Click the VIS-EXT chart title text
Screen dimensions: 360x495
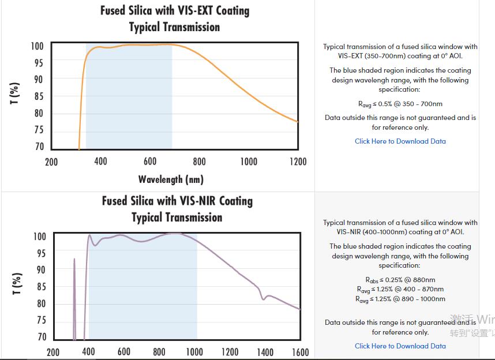pyautogui.click(x=175, y=18)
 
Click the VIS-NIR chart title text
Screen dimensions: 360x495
pyautogui.click(x=177, y=209)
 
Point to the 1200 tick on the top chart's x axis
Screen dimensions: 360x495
pyautogui.click(x=298, y=162)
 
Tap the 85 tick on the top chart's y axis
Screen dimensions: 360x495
pyautogui.click(x=38, y=96)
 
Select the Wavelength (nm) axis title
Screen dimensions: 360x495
pyautogui.click(x=171, y=179)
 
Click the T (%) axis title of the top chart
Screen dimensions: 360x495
pyautogui.click(x=15, y=93)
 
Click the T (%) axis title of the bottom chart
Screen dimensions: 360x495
pyautogui.click(x=17, y=284)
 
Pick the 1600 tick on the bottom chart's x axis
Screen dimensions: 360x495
pyautogui.click(x=300, y=352)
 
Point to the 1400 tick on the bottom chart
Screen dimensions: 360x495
pyautogui.click(x=265, y=352)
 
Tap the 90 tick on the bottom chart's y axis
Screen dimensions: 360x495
pyautogui.click(x=40, y=269)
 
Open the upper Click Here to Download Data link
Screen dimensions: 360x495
pyautogui.click(x=400, y=141)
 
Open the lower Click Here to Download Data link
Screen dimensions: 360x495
pyautogui.click(x=400, y=346)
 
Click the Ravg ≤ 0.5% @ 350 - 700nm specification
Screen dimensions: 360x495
pyautogui.click(x=400, y=104)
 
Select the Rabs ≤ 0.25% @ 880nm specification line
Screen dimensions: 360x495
pyautogui.click(x=400, y=280)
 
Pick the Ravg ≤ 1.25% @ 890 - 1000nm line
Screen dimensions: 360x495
pyautogui.click(x=400, y=299)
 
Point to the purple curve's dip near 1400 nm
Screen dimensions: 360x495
pyautogui.click(x=264, y=298)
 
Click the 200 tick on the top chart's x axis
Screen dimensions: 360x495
pyautogui.click(x=51, y=162)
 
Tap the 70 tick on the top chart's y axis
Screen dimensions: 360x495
pyautogui.click(x=39, y=147)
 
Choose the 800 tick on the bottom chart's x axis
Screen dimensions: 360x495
pyautogui.click(x=159, y=352)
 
